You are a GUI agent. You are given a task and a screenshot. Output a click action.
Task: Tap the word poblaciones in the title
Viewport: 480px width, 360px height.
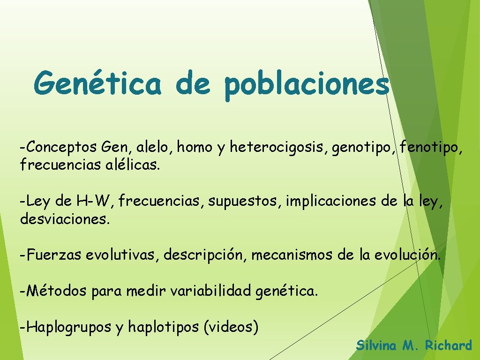point(307,86)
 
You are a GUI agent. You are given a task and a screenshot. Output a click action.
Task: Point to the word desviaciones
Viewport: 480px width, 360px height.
point(65,219)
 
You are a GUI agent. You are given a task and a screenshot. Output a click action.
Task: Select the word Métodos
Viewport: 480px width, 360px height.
point(57,291)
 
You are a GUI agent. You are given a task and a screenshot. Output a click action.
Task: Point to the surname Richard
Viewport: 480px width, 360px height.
point(448,346)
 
